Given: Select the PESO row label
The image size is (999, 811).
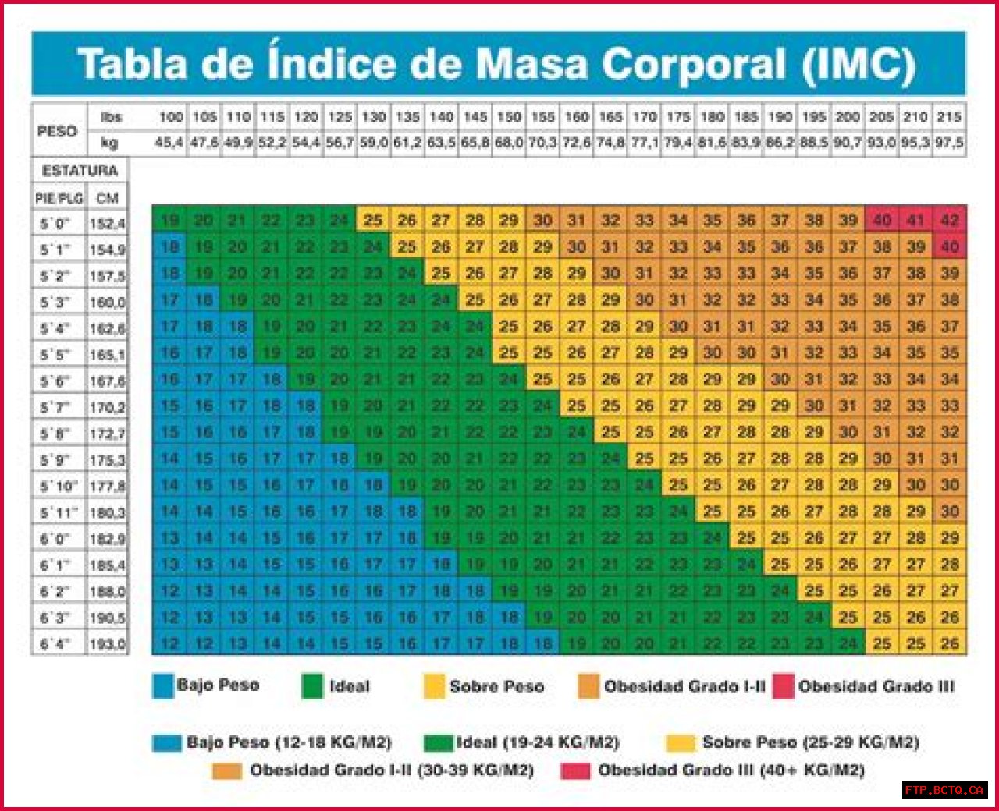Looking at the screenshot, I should click(x=57, y=131).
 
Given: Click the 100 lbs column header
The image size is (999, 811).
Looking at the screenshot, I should click(x=170, y=117).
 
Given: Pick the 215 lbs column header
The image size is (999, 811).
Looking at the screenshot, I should click(x=949, y=117).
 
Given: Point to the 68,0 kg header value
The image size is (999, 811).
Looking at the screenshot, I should click(x=509, y=143).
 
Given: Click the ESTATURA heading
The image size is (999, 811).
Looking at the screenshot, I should click(x=80, y=171).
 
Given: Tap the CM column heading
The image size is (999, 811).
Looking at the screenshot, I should click(x=107, y=198).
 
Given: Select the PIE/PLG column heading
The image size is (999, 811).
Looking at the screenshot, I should click(x=59, y=198).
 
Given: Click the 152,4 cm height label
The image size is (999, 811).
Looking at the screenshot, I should click(x=107, y=224).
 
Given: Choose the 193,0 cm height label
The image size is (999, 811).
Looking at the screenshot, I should click(x=107, y=645).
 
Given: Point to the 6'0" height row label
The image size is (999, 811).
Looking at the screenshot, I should click(x=55, y=539).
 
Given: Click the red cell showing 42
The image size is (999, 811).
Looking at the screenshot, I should click(x=950, y=220).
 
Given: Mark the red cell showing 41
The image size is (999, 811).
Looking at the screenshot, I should click(x=915, y=220).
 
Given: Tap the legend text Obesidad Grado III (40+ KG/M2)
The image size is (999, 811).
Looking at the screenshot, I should click(x=731, y=770).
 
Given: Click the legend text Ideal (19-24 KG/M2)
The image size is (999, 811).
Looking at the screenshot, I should click(x=538, y=742).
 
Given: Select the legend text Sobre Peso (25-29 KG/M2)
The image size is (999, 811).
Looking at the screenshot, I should click(x=810, y=742).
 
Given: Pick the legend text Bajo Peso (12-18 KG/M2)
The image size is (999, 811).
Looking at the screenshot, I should click(x=289, y=742).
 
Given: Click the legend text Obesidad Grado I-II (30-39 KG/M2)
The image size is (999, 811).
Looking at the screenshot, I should click(x=392, y=770).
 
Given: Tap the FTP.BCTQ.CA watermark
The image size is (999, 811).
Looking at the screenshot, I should click(x=944, y=790).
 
